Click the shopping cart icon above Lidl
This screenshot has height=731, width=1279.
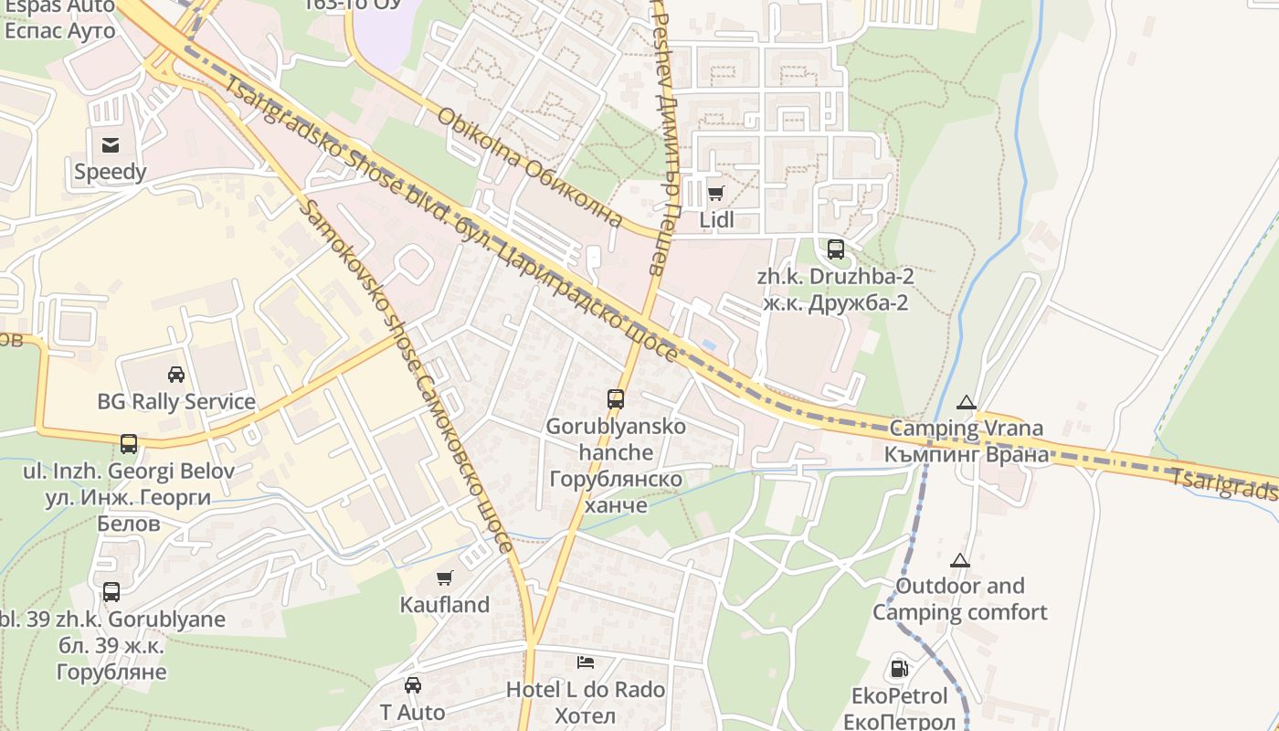(x=715, y=193)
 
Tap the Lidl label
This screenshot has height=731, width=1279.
(x=716, y=220)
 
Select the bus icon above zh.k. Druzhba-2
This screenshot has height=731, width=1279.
(x=835, y=249)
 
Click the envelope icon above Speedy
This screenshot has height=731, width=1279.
(x=111, y=144)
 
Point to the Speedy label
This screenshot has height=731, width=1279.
(x=111, y=172)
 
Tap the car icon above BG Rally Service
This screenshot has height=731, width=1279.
(x=176, y=374)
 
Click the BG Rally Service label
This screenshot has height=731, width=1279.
(x=176, y=401)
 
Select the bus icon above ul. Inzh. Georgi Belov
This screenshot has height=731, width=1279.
(x=129, y=444)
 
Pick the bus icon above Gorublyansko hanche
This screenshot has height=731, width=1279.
(x=616, y=398)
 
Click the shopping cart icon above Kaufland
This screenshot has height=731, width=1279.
(x=445, y=577)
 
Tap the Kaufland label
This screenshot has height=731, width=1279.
(x=445, y=605)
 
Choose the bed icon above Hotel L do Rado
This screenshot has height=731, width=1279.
(x=586, y=662)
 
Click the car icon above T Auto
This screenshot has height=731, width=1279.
(x=413, y=684)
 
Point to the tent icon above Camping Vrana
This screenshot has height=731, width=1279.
(x=966, y=401)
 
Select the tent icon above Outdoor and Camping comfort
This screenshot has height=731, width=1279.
(x=959, y=559)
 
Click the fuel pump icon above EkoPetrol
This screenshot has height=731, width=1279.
(x=899, y=669)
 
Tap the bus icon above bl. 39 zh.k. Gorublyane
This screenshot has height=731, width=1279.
(x=111, y=591)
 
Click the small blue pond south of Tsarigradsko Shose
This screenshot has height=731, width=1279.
(x=709, y=344)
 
